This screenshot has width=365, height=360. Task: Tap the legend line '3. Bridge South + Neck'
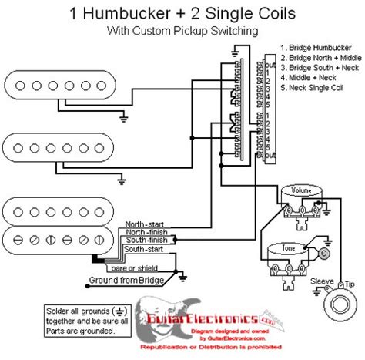click(x=320, y=68)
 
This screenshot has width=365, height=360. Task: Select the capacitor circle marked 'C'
click(x=324, y=252)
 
